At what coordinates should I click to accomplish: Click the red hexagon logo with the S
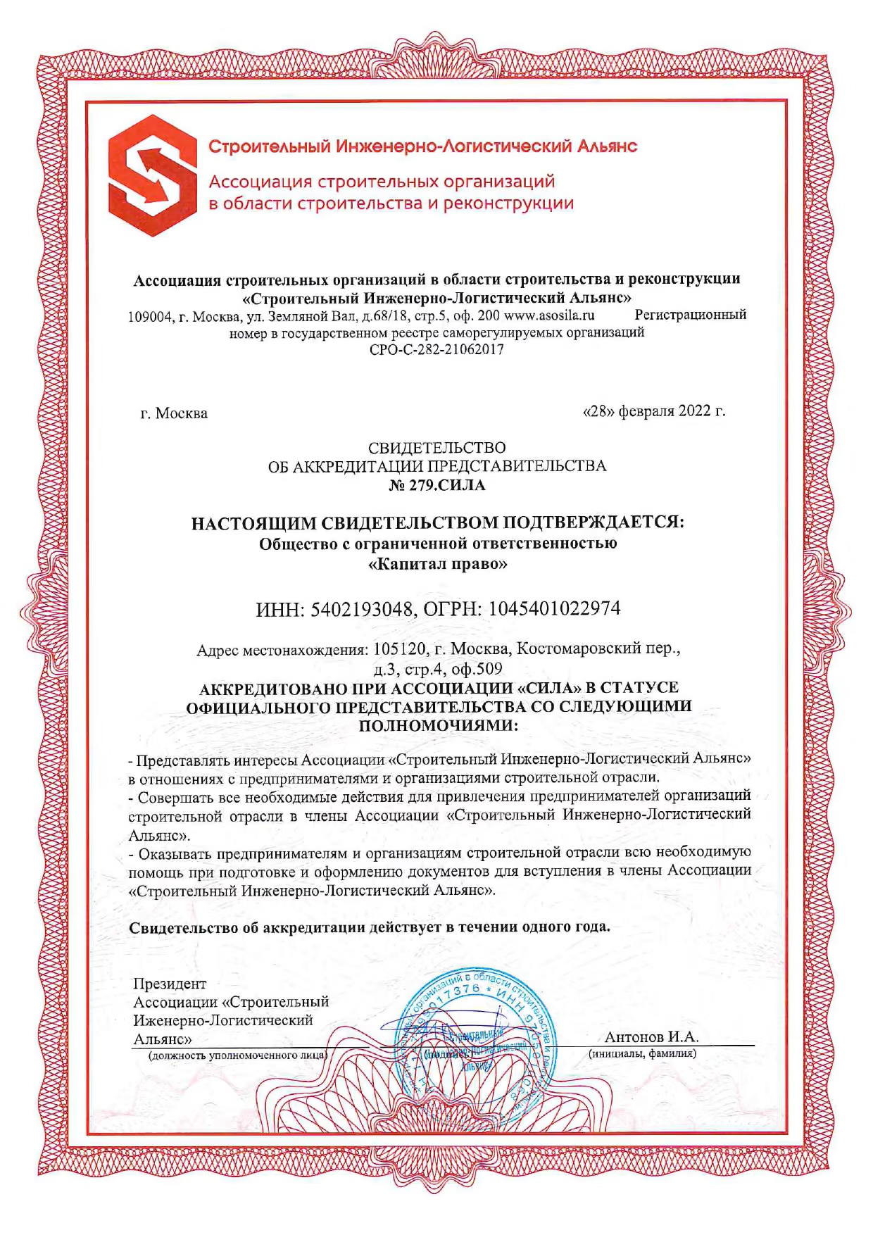pyautogui.click(x=152, y=167)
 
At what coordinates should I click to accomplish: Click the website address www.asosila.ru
pyautogui.click(x=549, y=315)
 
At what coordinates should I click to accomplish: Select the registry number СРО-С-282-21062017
pyautogui.click(x=436, y=349)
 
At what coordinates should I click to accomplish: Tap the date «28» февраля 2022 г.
pyautogui.click(x=654, y=411)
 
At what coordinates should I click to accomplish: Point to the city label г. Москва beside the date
pyautogui.click(x=174, y=413)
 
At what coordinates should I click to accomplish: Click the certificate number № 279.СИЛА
pyautogui.click(x=436, y=485)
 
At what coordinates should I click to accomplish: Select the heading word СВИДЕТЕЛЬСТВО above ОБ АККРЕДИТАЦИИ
pyautogui.click(x=436, y=448)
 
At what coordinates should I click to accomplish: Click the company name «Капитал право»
pyautogui.click(x=438, y=564)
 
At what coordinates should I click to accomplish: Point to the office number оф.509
pyautogui.click(x=478, y=668)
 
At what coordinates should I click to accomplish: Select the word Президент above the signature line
pyautogui.click(x=170, y=984)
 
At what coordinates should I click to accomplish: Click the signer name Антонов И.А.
pyautogui.click(x=651, y=1036)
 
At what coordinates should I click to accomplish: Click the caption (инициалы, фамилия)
pyautogui.click(x=642, y=1054)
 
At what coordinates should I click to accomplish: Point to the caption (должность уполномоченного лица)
pyautogui.click(x=237, y=1055)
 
